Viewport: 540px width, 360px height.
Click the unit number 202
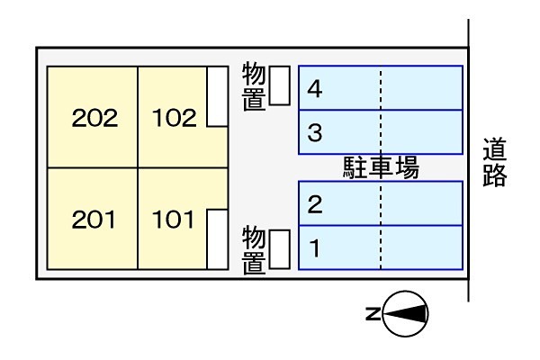coord(94,118)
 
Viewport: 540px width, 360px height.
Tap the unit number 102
coord(175,118)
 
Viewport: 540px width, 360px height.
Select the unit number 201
coord(94,220)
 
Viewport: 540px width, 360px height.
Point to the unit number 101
coord(173,220)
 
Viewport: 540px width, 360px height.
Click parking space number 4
coord(314,89)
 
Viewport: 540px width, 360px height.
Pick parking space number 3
coord(315,132)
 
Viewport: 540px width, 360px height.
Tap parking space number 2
coord(315,204)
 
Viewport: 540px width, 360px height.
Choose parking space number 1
coord(314,248)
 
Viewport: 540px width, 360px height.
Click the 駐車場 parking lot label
coord(381,167)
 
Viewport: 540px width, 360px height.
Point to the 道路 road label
coord(494,162)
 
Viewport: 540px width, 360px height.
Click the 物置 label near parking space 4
coord(254,86)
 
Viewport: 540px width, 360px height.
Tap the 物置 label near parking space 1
coord(254,250)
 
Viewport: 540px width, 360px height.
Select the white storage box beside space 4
coord(279,85)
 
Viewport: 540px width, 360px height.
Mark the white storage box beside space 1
coord(279,249)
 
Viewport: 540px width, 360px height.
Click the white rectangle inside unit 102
coord(217,96)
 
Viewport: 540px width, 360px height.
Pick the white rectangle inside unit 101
coord(217,239)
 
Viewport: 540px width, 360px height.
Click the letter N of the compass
coord(373,314)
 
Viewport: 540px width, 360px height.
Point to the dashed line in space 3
coord(381,132)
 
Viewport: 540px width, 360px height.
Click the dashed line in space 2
coord(381,203)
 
